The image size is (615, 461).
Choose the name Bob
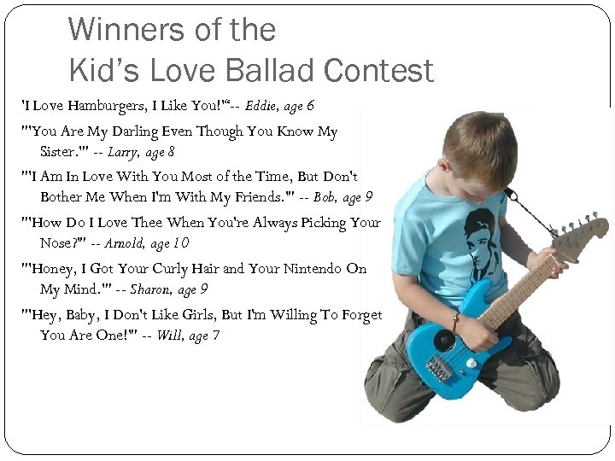[x=324, y=196]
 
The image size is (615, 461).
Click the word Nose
[x=57, y=243]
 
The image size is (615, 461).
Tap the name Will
[x=169, y=335]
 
